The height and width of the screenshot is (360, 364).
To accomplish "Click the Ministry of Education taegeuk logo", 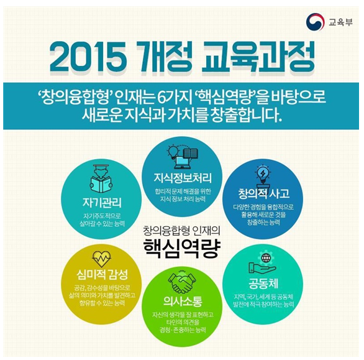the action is [x=315, y=22].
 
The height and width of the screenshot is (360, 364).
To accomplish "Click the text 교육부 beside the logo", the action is [x=340, y=22].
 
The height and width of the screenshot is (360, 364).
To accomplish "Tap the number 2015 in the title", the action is [x=88, y=58].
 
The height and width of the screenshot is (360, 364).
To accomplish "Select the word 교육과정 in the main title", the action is [x=258, y=57].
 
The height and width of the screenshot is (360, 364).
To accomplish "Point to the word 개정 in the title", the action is [x=163, y=57].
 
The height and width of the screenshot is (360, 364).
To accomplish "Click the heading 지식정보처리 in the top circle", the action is [x=183, y=178].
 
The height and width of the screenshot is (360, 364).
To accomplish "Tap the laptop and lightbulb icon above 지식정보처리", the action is [x=183, y=157].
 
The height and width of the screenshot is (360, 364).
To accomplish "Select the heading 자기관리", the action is [x=102, y=202].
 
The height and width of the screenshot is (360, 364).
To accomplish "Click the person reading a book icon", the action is [x=101, y=178].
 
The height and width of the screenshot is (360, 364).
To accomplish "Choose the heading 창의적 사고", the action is [x=264, y=193].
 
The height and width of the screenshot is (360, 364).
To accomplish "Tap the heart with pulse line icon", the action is [x=101, y=259].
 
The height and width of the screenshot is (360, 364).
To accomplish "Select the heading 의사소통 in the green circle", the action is [x=183, y=302].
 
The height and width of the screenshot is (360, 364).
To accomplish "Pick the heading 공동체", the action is [x=263, y=284].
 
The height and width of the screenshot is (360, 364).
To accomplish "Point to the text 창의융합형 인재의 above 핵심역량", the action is [x=182, y=231].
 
